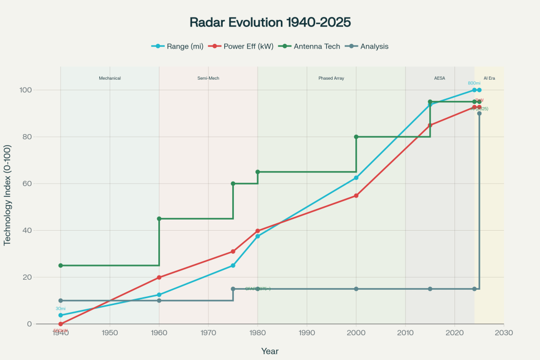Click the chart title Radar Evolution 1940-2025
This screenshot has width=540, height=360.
point(270,23)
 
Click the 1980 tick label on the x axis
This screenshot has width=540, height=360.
point(258,333)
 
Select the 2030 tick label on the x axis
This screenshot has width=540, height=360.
point(504,333)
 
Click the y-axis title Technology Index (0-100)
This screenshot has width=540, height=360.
point(7,195)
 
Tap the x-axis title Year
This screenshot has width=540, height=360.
point(270,351)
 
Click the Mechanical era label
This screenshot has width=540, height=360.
point(110,78)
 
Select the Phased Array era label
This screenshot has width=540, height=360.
point(331,78)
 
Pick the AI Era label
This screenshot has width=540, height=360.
point(489,78)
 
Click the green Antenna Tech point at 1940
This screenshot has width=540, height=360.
point(61,266)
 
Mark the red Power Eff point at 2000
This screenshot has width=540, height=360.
point(356,195)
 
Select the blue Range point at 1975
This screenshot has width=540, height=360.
point(233,266)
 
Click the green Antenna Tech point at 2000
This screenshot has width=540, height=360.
point(356,137)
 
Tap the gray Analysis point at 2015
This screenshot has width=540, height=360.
point(430,289)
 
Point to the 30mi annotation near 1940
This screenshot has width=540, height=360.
point(61,309)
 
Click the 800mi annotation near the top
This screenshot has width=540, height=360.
point(473,83)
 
